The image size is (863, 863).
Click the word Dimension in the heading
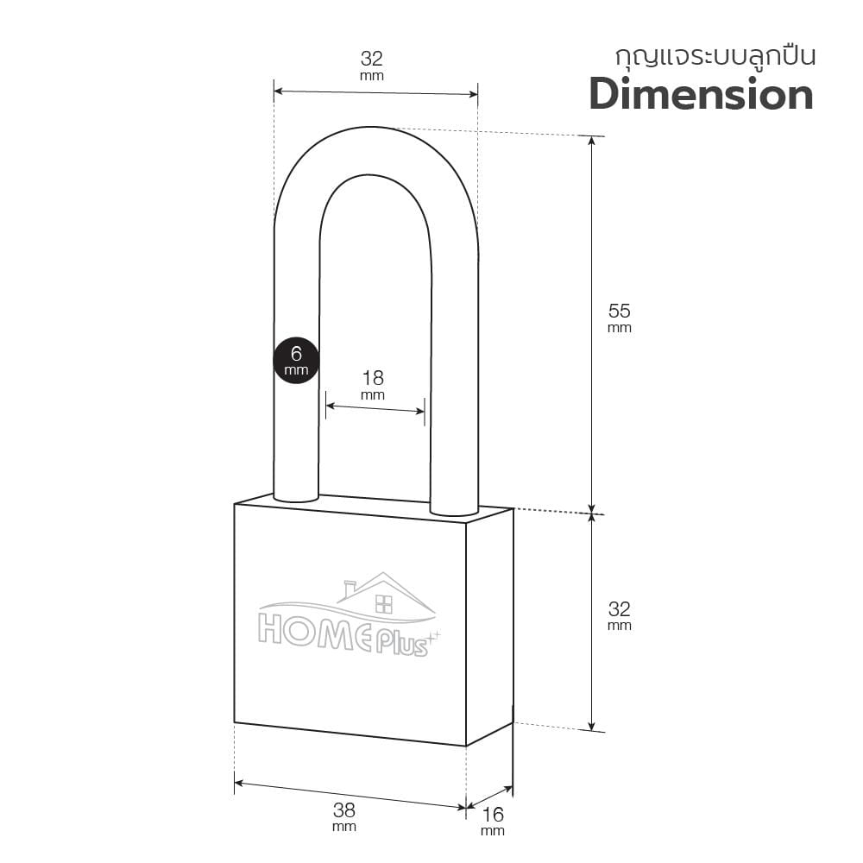pos(701,95)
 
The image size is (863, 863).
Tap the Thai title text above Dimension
pos(715,57)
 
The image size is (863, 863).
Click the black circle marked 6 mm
pos(296,361)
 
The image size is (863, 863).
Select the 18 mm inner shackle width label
pos(373,384)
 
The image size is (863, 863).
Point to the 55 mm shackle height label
pos(619,317)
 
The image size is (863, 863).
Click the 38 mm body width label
pos(344,816)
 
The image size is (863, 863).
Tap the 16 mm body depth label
pos(493,821)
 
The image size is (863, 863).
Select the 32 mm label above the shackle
pos(371,65)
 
